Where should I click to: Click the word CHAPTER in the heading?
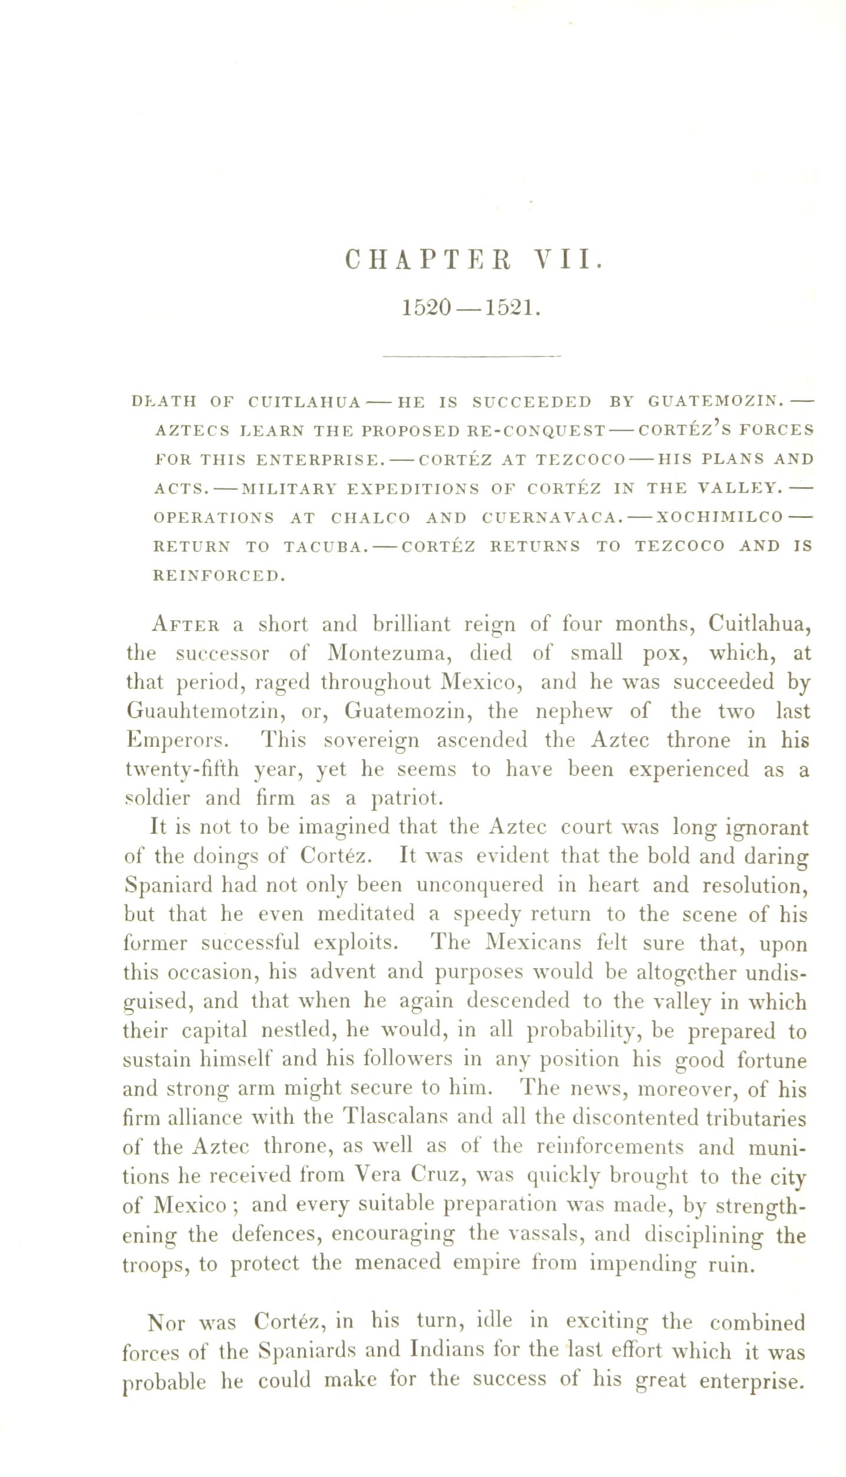click(428, 260)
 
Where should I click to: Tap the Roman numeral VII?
click(567, 260)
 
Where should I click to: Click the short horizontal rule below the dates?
click(471, 356)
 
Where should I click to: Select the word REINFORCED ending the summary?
click(219, 576)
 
